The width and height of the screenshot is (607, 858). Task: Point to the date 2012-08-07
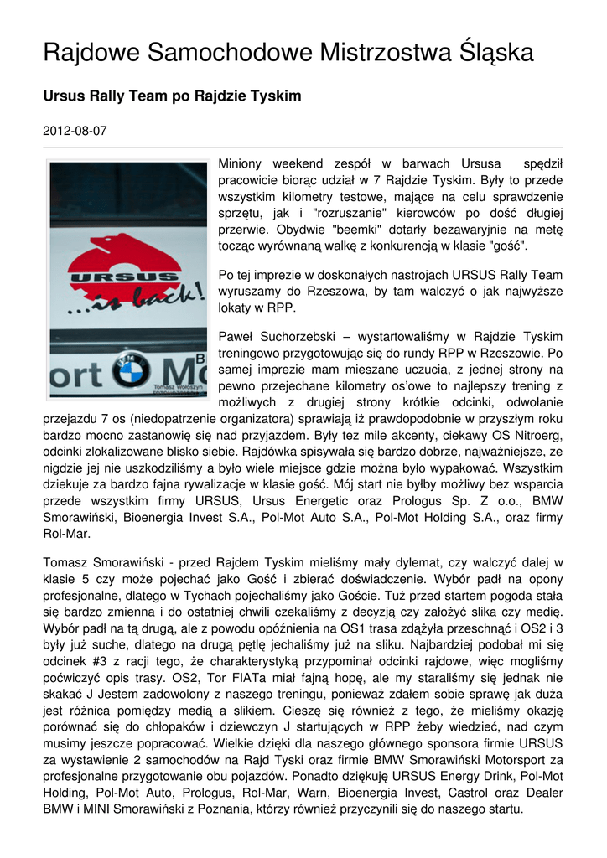pos(75,131)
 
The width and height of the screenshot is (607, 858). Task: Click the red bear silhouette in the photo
pos(122,252)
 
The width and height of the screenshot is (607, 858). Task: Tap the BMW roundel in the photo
pos(132,369)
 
